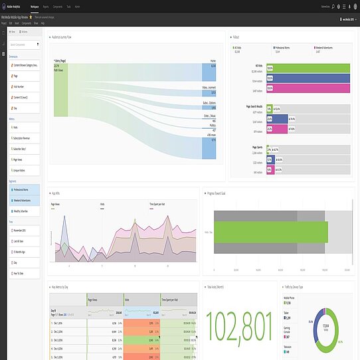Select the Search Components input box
[25, 45]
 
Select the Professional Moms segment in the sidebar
[25, 189]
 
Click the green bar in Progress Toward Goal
[271, 232]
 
